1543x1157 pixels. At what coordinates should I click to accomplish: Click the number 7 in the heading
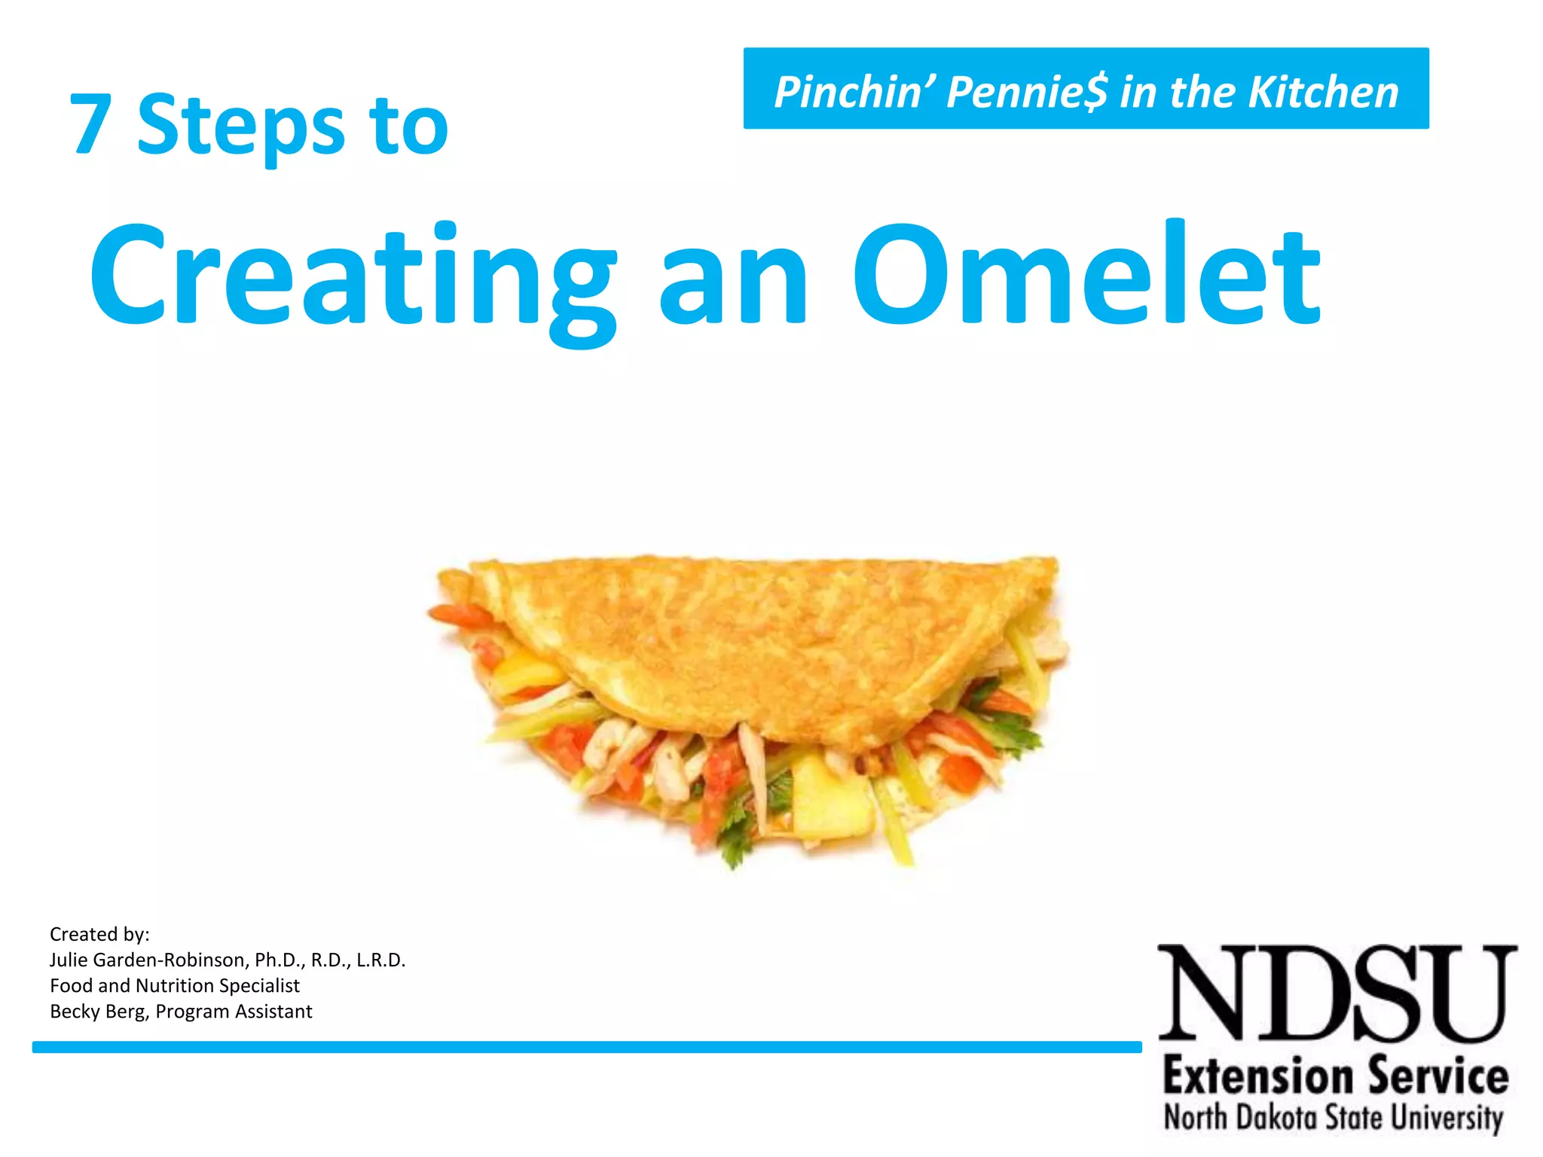coord(91,125)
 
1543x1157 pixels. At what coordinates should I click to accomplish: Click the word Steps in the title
coord(240,127)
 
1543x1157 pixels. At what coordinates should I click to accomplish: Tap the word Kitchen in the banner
coord(1323,92)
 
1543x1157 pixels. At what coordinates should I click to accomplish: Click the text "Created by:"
coord(99,934)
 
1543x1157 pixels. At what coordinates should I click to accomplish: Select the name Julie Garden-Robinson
coord(148,960)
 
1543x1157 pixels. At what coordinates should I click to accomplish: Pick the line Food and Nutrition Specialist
coord(175,985)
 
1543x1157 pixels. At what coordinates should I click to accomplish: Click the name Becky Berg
coord(99,1011)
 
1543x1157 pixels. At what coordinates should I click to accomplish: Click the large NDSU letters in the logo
coord(1336,992)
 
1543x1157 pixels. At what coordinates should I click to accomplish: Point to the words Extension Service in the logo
coord(1336,1076)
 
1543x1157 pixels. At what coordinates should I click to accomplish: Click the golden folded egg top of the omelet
coord(761,633)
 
